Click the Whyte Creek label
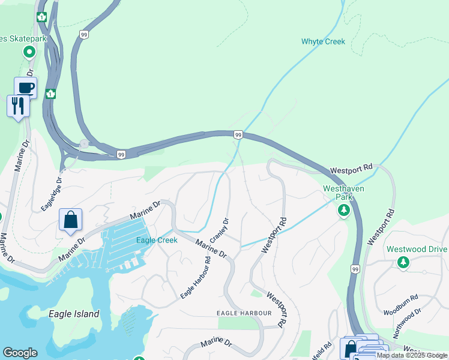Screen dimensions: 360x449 point(323,41)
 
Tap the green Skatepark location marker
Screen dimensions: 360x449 point(29,52)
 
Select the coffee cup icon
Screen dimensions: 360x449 point(25,88)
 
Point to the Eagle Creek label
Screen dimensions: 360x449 point(156,240)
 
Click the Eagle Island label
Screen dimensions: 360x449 point(74,314)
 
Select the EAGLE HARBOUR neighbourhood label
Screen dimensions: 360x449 point(244,313)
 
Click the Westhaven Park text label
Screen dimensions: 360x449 point(343,192)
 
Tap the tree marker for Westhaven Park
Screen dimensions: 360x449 point(344,211)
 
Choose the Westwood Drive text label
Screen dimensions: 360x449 point(417,249)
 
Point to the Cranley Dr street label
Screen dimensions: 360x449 point(220,230)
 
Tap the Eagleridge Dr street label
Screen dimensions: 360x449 point(51,194)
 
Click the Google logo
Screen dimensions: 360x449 point(20,353)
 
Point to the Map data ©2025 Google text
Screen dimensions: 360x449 point(412,356)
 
